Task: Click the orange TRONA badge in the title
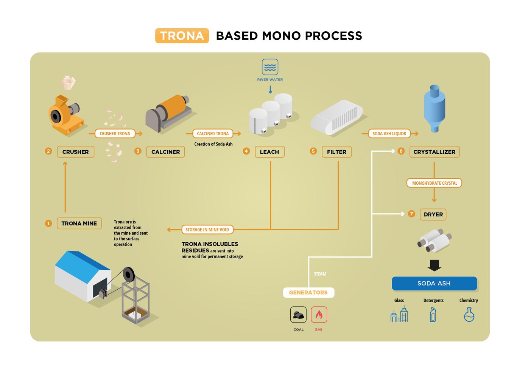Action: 182,36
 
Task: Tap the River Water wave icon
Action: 270,67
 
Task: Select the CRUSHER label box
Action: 75,152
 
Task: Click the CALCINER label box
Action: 165,152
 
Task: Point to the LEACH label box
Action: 269,152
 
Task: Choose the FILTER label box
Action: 336,152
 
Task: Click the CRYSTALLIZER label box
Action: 434,152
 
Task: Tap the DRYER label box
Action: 433,215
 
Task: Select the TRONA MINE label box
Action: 79,224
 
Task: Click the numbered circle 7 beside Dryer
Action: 411,214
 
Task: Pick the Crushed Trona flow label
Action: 115,134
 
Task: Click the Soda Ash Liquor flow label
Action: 389,134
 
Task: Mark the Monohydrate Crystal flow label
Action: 434,183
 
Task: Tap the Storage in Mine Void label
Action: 207,230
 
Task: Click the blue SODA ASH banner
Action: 434,283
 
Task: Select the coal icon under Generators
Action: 298,315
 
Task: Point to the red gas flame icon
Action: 319,315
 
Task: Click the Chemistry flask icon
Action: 469,315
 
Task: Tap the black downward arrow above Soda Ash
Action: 434,266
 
